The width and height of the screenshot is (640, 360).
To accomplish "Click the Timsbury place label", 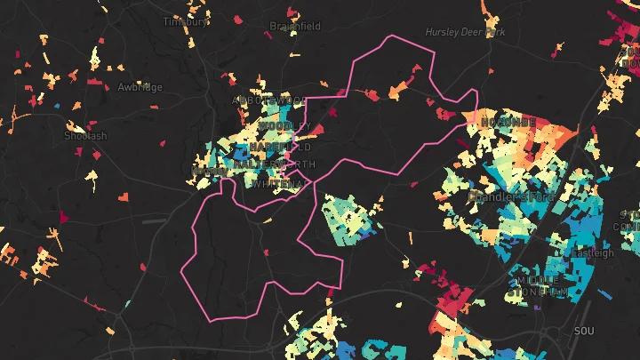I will click(x=186, y=22).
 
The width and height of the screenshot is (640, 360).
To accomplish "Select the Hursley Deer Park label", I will click(x=465, y=32).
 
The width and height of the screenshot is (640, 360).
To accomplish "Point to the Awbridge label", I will click(x=140, y=87).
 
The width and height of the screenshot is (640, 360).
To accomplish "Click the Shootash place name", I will click(x=85, y=136).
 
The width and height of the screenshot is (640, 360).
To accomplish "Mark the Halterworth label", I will click(x=272, y=165).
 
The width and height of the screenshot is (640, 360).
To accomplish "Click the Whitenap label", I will click(x=279, y=184).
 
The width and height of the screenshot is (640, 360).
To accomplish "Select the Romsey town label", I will click(x=210, y=170).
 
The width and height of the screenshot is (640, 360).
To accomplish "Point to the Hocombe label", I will click(x=508, y=121).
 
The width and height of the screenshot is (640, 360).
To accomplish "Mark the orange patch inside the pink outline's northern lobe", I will click(x=396, y=90).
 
